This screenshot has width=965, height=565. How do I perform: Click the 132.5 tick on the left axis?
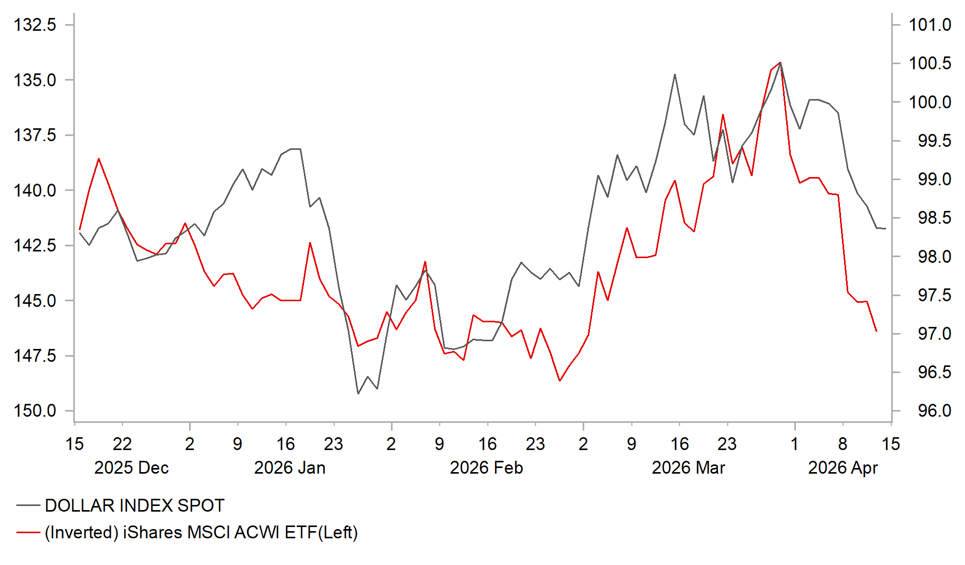pyautogui.click(x=35, y=25)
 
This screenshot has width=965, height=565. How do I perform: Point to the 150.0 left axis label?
pyautogui.click(x=35, y=411)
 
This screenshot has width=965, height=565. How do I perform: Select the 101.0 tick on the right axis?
pyautogui.click(x=930, y=25)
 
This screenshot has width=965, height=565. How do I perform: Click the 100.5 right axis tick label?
pyautogui.click(x=930, y=63)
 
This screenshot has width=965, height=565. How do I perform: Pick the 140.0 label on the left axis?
pyautogui.click(x=35, y=190)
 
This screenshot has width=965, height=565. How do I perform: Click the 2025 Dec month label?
pyautogui.click(x=131, y=467)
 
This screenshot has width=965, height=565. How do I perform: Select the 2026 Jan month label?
pyautogui.click(x=290, y=467)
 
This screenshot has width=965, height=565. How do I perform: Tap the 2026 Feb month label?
pyautogui.click(x=486, y=467)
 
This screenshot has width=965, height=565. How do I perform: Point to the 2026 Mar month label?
pyautogui.click(x=688, y=467)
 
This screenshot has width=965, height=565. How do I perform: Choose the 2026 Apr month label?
pyautogui.click(x=843, y=467)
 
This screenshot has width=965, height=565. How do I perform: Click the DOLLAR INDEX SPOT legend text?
pyautogui.click(x=134, y=505)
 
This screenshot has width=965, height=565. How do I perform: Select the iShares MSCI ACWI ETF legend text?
pyautogui.click(x=201, y=532)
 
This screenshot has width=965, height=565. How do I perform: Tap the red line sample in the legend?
pyautogui.click(x=28, y=532)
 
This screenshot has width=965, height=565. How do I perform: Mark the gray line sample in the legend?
pyautogui.click(x=28, y=505)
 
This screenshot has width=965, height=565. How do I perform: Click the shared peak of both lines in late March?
pyautogui.click(x=780, y=63)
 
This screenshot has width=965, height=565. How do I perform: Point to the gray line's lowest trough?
pyautogui.click(x=358, y=394)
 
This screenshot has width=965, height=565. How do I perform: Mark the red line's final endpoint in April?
pyautogui.click(x=876, y=332)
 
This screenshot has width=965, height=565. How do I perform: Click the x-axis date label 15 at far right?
pyautogui.click(x=891, y=444)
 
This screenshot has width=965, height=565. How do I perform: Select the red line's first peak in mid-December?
pyautogui.click(x=99, y=159)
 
